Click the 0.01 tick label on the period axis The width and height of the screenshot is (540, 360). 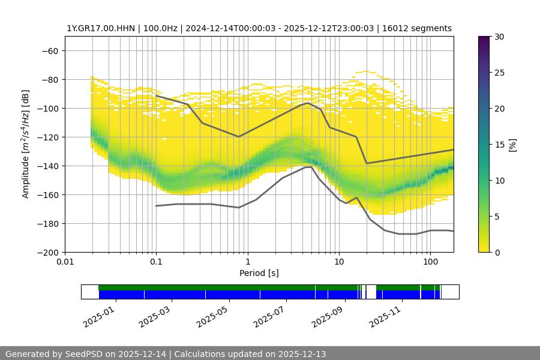tap(65, 262)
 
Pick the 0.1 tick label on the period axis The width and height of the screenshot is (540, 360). tap(156, 262)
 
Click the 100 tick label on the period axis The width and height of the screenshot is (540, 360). tap(430, 262)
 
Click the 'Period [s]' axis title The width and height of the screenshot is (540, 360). tap(259, 273)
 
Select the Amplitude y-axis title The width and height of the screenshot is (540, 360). tap(26, 144)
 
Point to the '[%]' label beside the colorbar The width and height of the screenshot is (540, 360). tap(512, 145)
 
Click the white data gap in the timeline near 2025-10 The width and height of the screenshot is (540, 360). tap(371, 292)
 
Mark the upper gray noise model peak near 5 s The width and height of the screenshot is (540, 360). tap(308, 103)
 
